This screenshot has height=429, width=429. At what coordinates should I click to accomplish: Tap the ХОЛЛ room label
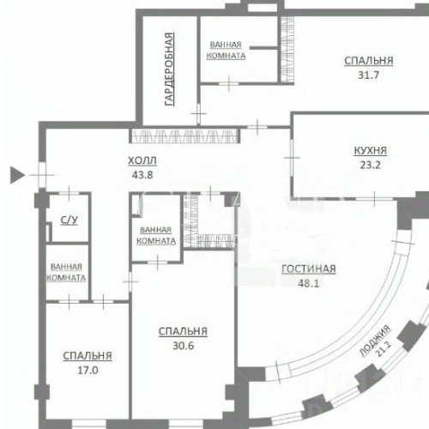[x=142, y=160]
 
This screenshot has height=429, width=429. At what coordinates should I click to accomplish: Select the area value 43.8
[x=142, y=175]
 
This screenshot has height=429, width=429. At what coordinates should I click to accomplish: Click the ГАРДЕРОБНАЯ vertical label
[x=170, y=69]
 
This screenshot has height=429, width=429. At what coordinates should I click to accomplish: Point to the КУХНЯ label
[x=370, y=150]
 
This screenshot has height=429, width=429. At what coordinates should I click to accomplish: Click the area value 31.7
[x=369, y=75]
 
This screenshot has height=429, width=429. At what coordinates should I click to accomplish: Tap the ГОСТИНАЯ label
[x=308, y=269]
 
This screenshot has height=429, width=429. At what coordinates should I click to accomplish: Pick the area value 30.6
[x=183, y=347]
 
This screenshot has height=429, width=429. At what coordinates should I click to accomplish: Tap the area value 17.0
[x=88, y=371]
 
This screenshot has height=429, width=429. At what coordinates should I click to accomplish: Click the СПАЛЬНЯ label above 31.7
[x=369, y=61]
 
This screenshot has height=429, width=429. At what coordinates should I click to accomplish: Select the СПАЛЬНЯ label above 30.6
[x=183, y=332]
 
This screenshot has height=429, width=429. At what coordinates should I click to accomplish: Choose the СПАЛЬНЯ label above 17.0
[x=88, y=356]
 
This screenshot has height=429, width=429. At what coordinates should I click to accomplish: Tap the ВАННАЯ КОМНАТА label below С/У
[x=67, y=272]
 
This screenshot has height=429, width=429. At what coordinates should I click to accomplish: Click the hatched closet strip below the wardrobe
[x=184, y=135]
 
